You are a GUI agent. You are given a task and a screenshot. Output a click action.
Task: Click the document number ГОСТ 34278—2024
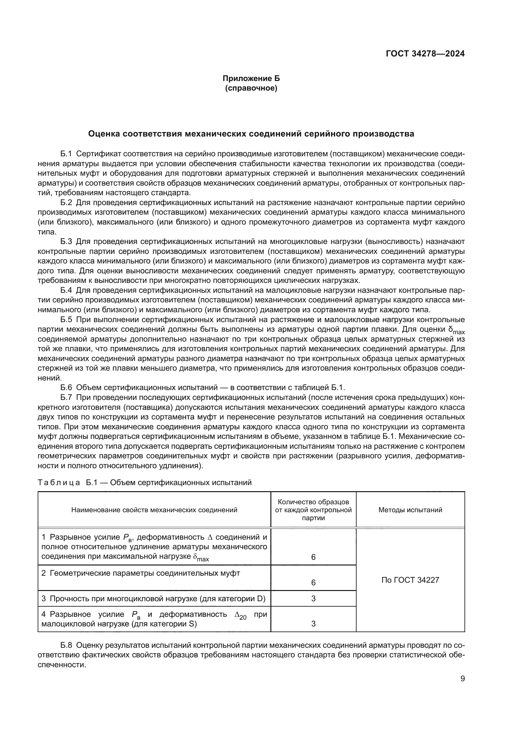tap(425, 54)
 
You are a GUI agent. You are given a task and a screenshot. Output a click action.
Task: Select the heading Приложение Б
tap(251, 78)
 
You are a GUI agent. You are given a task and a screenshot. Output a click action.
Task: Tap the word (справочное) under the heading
tap(251, 88)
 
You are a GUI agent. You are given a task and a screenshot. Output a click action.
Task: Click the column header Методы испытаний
tap(410, 510)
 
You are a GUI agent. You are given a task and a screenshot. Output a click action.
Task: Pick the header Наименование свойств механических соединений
tap(154, 510)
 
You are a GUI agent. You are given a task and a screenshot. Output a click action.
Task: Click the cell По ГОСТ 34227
tap(410, 580)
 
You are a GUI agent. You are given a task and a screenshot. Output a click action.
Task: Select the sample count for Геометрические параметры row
tap(313, 583)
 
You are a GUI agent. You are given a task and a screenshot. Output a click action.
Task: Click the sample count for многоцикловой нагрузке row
tap(313, 598)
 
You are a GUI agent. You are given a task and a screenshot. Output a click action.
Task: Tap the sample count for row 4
tap(313, 624)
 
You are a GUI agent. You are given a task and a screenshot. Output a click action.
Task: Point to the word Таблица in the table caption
tap(59, 483)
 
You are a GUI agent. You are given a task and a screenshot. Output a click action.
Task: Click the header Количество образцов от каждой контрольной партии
tap(313, 510)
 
